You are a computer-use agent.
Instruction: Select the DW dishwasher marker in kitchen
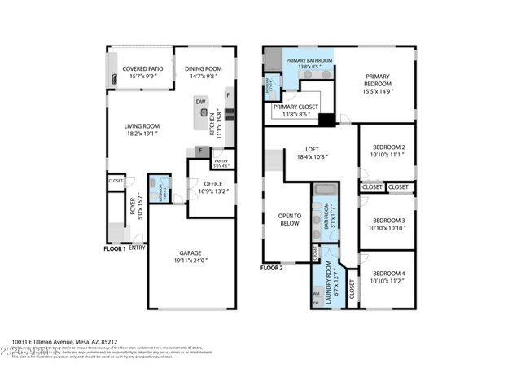[x=199, y=101]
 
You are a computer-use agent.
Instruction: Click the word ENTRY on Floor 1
[x=137, y=248]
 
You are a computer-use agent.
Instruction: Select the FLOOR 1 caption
[x=114, y=248]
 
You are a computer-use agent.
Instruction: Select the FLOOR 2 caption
[x=271, y=268]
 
